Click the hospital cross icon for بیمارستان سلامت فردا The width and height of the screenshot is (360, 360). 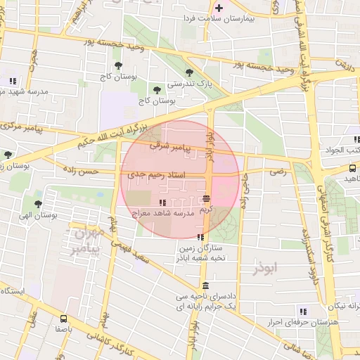pyautogui.click(x=219, y=8)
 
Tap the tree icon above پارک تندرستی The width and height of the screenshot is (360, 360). pyautogui.click(x=188, y=72)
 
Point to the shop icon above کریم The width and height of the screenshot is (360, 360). pyautogui.click(x=206, y=199)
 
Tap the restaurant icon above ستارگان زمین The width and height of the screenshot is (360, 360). pyautogui.click(x=201, y=237)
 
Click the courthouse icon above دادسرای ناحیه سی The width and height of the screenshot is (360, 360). pyautogui.click(x=205, y=285)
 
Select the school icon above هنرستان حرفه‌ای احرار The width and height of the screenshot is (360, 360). pyautogui.click(x=303, y=311)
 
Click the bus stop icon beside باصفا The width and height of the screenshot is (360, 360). pyautogui.click(x=64, y=318)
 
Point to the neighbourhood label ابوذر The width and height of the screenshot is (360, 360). pyautogui.click(x=265, y=268)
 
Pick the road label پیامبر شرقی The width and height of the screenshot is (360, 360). pyautogui.click(x=169, y=147)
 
